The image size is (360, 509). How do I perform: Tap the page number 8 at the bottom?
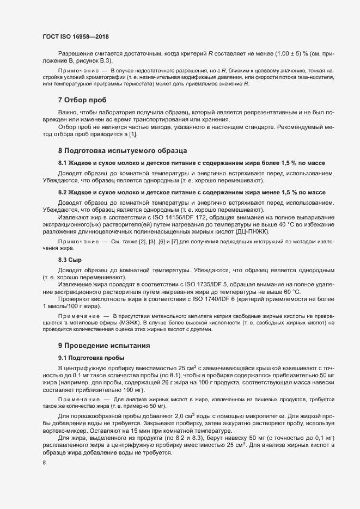[44, 463]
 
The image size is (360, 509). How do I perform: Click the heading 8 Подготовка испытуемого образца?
[123, 150]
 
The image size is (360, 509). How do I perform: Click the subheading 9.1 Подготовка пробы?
[91, 358]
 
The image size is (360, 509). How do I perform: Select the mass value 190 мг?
[130, 390]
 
